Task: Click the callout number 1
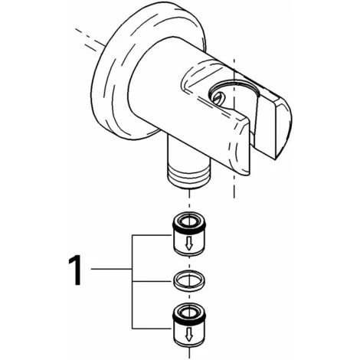pos(75,270)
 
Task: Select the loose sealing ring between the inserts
pos(189,281)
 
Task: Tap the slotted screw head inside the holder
pos(218,98)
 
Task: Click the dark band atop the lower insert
pos(189,313)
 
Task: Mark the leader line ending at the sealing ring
pos(152,281)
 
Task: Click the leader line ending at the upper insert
pos(152,235)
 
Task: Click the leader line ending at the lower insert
pos(152,329)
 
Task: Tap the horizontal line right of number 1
pos(112,269)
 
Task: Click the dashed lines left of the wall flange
pos(90,41)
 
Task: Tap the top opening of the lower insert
pos(189,310)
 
